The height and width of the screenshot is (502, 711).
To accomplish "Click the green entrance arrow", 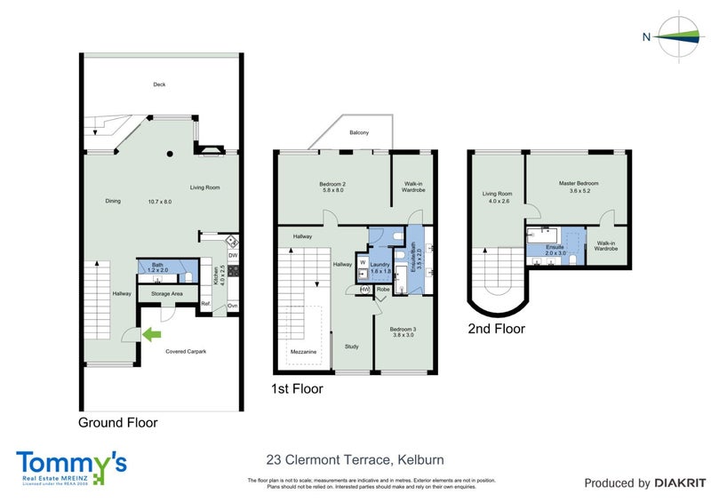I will (152, 335).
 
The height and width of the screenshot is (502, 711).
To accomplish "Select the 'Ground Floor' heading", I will (118, 423).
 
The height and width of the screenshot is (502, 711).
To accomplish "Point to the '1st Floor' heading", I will (297, 388).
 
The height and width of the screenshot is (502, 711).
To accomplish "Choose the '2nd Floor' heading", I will (496, 329).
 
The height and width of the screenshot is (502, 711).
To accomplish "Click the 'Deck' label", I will (159, 85).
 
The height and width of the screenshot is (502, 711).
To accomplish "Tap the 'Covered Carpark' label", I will (186, 352).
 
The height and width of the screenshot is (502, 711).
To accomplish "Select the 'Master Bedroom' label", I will (579, 183).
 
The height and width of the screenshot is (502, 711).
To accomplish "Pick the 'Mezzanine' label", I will (302, 352).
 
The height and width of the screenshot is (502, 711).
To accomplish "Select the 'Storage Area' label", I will (166, 293).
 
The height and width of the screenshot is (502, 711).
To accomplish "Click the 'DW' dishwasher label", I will (233, 256).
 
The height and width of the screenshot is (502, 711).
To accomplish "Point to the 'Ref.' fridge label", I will (205, 305).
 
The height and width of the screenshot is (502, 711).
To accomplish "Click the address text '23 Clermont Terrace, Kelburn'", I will (355, 460).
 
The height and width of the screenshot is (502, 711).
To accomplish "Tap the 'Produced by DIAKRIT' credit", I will (637, 483).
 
